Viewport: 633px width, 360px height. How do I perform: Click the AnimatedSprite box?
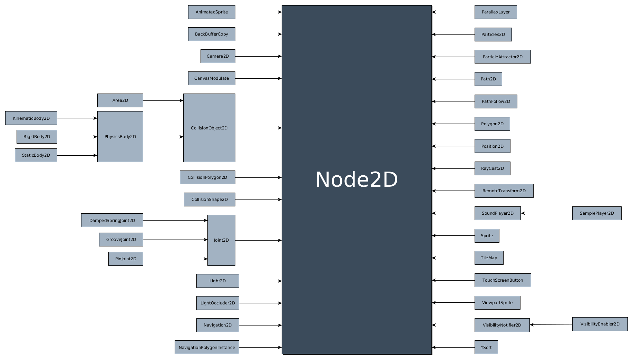point(212,12)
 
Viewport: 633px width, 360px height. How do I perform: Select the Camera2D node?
point(218,56)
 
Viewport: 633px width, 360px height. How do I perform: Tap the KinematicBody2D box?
point(31,118)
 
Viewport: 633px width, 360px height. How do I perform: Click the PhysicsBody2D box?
point(120,137)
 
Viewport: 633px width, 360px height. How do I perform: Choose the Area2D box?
point(120,100)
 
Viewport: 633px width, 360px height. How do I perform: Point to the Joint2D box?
point(221,240)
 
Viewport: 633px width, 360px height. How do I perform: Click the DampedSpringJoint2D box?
point(112,221)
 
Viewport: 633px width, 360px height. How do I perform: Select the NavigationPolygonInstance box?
point(207,347)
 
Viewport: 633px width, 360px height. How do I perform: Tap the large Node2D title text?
point(357,180)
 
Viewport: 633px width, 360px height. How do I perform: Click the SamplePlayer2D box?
point(597,213)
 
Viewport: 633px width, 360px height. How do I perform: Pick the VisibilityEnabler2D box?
point(600,324)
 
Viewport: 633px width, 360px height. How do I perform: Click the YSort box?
point(486,347)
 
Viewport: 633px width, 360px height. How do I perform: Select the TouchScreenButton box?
point(503,280)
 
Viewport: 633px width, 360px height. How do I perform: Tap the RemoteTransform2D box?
point(504,191)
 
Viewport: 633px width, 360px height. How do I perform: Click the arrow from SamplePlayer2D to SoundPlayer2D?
point(546,213)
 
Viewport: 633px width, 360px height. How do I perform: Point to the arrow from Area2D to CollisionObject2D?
point(163,101)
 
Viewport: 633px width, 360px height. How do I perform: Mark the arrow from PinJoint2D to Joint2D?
point(175,259)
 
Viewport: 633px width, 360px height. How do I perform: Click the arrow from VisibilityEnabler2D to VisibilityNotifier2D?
point(551,324)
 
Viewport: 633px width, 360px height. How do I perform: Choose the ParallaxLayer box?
point(496,12)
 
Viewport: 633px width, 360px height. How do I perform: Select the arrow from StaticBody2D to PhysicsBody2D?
point(77,156)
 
